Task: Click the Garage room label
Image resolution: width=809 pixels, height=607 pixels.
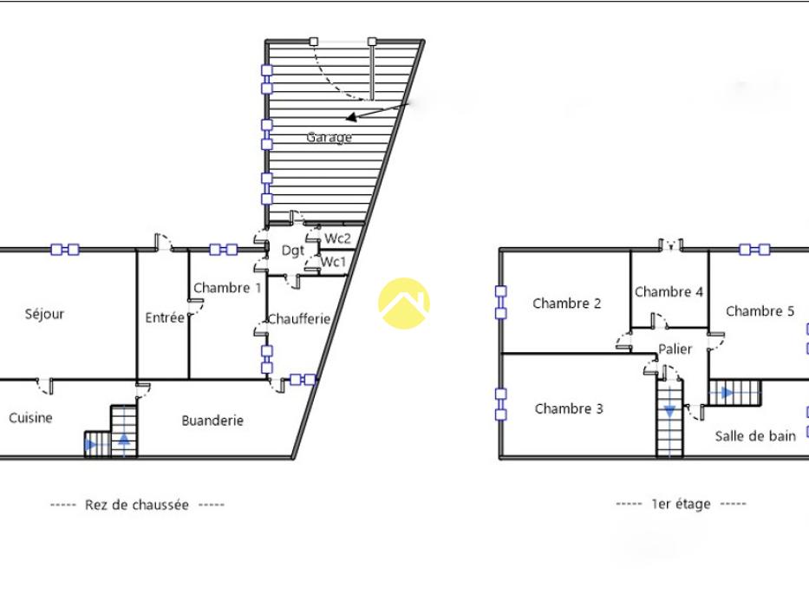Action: pyautogui.click(x=329, y=137)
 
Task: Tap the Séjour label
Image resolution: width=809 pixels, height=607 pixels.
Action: pyautogui.click(x=44, y=314)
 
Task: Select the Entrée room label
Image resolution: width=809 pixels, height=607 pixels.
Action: pyautogui.click(x=165, y=317)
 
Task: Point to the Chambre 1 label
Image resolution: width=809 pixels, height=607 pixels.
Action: pyautogui.click(x=227, y=288)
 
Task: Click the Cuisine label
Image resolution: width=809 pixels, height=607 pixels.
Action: pyautogui.click(x=30, y=418)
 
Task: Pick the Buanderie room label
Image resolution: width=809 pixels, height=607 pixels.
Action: pyautogui.click(x=212, y=421)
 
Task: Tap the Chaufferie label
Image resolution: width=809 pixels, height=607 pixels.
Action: pyautogui.click(x=299, y=319)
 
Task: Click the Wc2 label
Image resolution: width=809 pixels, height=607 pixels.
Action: pyautogui.click(x=337, y=238)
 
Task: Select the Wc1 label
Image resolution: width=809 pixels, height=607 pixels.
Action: pyautogui.click(x=333, y=262)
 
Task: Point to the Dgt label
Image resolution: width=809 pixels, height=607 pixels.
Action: pyautogui.click(x=293, y=251)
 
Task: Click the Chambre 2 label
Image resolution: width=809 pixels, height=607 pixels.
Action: pyautogui.click(x=567, y=303)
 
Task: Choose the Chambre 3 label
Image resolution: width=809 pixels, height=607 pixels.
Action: pyautogui.click(x=569, y=408)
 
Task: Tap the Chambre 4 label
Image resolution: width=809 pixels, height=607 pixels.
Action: pyautogui.click(x=669, y=292)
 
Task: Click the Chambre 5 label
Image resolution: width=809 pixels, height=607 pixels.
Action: pyautogui.click(x=760, y=311)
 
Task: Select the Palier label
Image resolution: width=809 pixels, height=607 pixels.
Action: pyautogui.click(x=675, y=349)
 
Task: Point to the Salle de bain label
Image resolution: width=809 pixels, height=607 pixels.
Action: pyautogui.click(x=755, y=436)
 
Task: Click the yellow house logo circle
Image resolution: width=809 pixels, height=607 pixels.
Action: pyautogui.click(x=404, y=303)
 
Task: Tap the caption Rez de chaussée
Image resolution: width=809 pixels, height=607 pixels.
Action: pyautogui.click(x=137, y=505)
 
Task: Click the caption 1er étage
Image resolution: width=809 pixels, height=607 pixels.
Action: pyautogui.click(x=681, y=504)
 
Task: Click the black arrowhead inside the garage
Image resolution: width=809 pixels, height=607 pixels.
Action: pyautogui.click(x=351, y=118)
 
